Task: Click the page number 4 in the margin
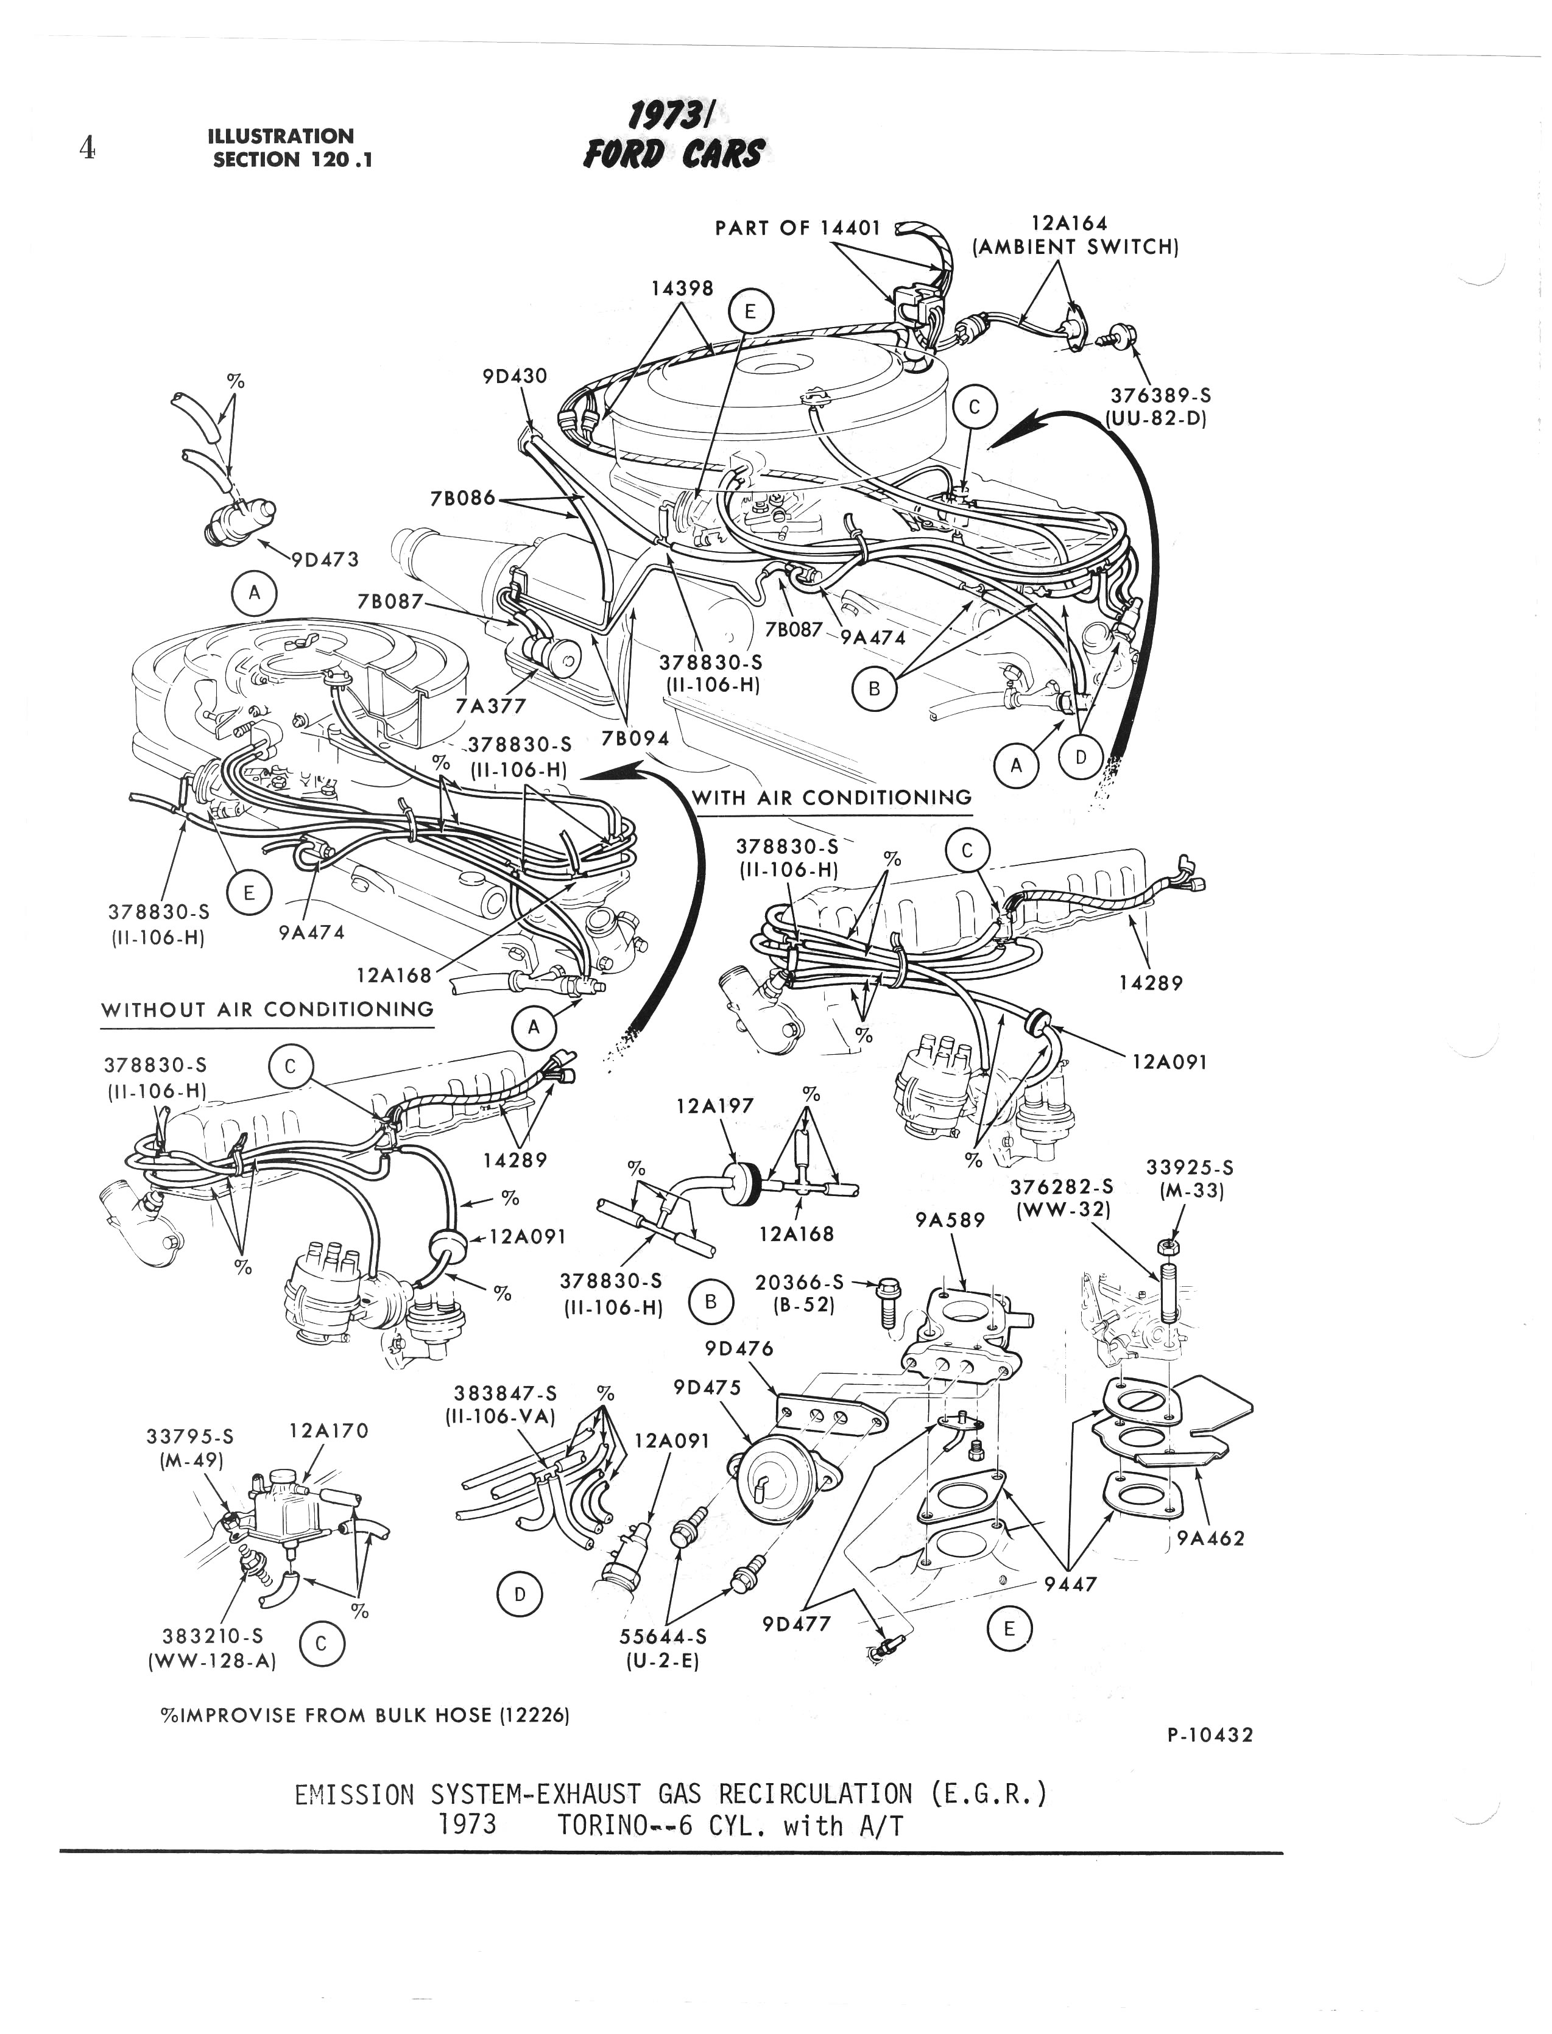coord(88,148)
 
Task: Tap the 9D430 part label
coord(515,376)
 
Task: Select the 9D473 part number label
coord(325,559)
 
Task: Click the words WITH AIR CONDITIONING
coord(831,797)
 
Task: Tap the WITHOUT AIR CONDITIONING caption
coord(267,1010)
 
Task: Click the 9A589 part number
coord(950,1220)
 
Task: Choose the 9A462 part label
coord(1211,1538)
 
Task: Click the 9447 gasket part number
coord(1070,1584)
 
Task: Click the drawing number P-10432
coord(1209,1735)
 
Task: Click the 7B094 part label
coord(635,739)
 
